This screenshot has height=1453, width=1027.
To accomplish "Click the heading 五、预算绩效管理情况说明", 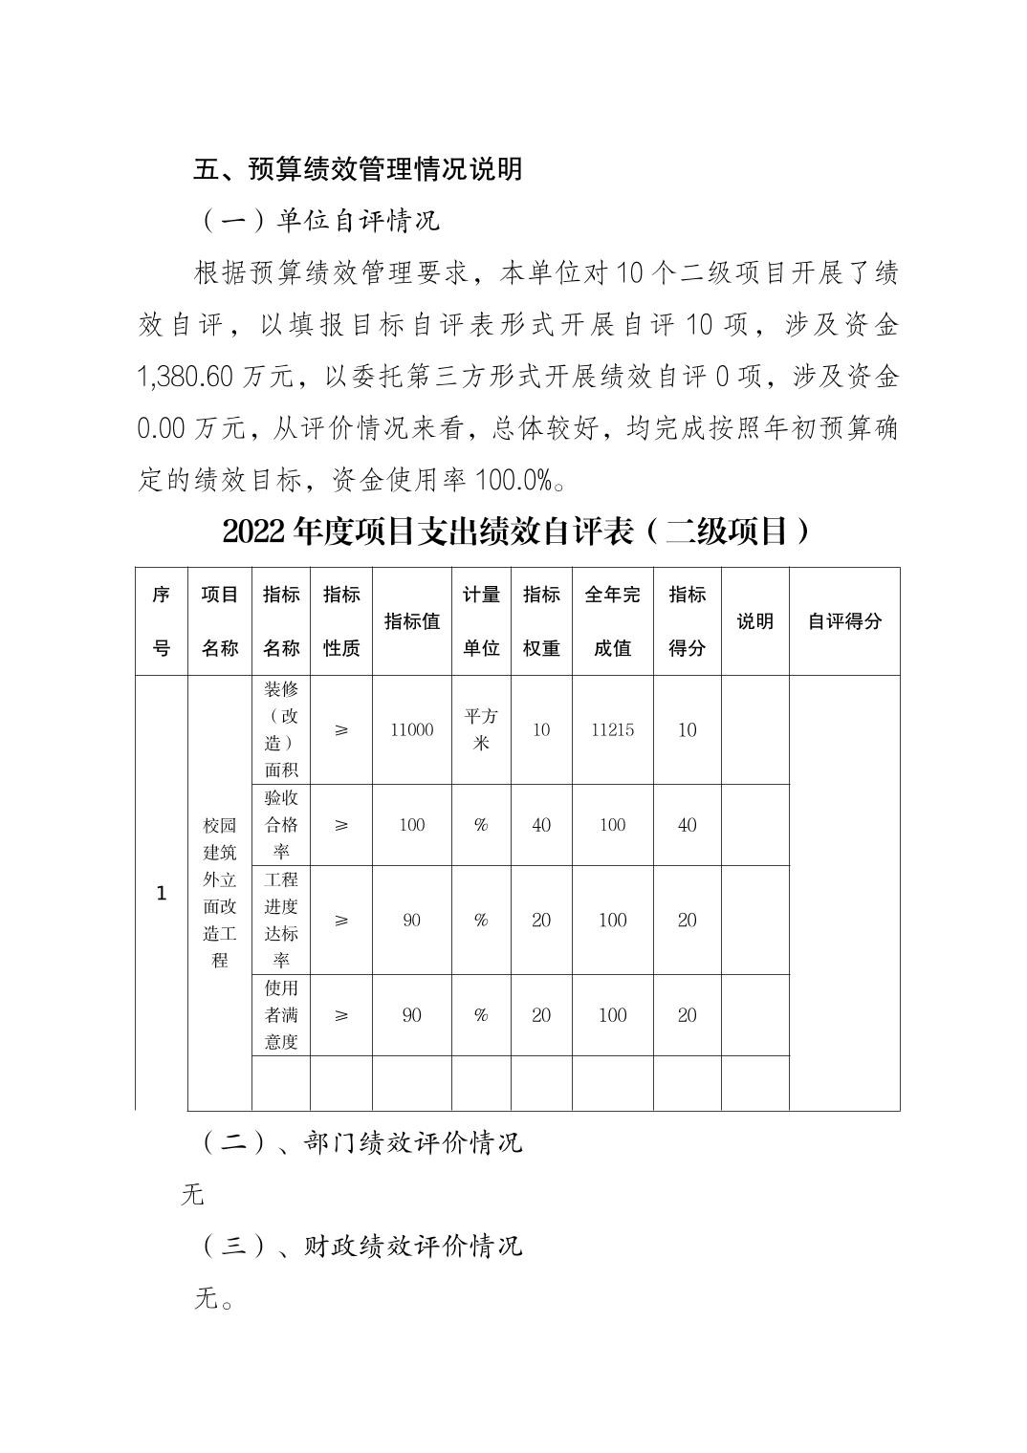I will pos(358,169).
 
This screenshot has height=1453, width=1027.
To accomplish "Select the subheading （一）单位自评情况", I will pos(321,221).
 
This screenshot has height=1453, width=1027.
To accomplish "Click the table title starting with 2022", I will pos(515,531).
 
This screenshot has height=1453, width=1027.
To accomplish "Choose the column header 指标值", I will pos(411,621).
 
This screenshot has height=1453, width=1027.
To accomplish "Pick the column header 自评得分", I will pos(843,621).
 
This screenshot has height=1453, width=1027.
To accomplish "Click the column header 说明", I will pos(754,621).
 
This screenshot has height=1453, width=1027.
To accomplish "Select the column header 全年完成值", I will pos(612,621).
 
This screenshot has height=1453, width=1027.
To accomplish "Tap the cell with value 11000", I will pos(411,730).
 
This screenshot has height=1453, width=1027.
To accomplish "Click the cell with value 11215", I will pos(612,730).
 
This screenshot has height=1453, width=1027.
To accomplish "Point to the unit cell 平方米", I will pos(481,729).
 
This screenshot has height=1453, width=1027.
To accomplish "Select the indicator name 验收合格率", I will pos(281,825).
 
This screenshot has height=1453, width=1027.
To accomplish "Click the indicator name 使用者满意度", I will pos(281,1015).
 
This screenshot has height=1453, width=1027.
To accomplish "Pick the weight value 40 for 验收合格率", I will pos(541,825).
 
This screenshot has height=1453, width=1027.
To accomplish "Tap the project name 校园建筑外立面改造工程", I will pos(219,893).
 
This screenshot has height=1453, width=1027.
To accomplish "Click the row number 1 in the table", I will pos(161,894).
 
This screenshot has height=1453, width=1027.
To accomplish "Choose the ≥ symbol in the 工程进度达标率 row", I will pos(341,921).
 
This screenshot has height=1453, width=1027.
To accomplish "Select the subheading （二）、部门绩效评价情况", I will pos(362,1142).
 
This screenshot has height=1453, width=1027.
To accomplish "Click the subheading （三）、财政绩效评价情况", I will pos(362,1247).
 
